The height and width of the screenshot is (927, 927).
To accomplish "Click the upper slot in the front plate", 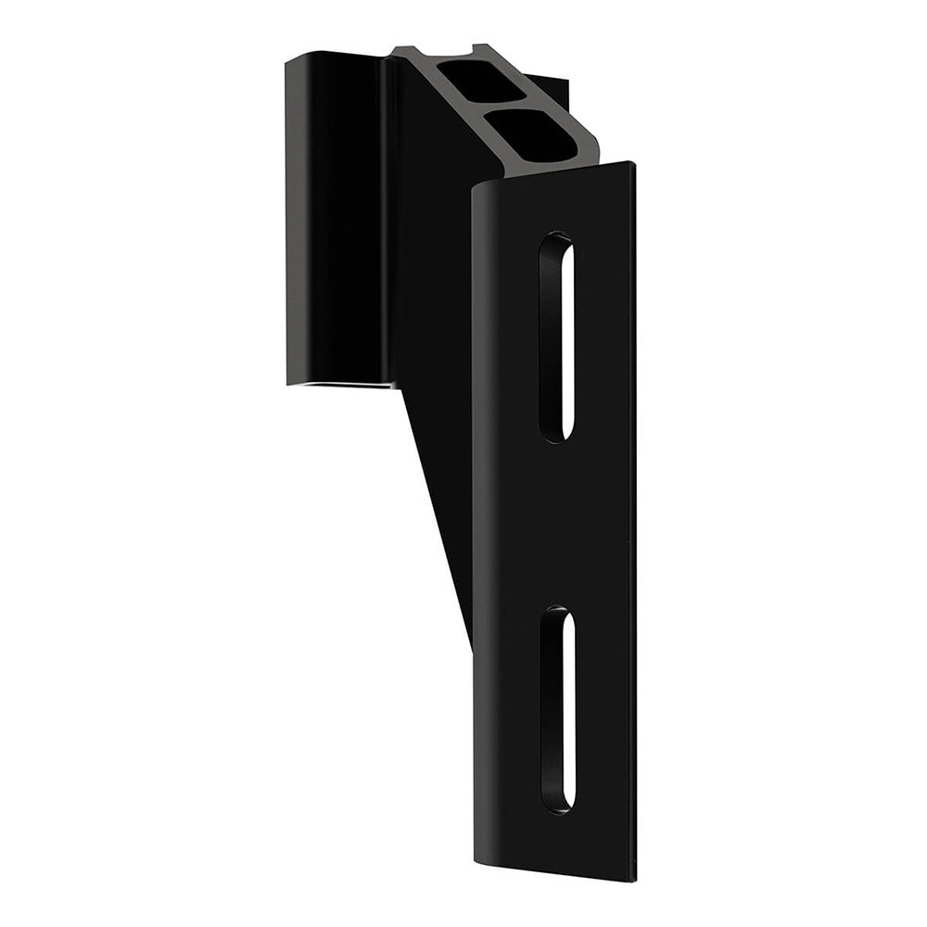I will click(556, 337).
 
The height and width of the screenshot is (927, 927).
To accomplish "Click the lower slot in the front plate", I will click(557, 710).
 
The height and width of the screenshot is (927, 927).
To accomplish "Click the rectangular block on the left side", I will click(334, 222).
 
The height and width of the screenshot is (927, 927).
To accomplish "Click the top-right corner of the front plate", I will click(633, 165).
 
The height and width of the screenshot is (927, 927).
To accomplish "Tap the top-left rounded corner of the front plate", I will click(478, 191).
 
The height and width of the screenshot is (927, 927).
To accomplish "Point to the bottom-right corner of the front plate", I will click(634, 878).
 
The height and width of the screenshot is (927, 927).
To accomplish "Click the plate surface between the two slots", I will click(556, 524).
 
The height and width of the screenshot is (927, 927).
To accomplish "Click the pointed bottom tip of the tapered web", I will click(469, 640).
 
